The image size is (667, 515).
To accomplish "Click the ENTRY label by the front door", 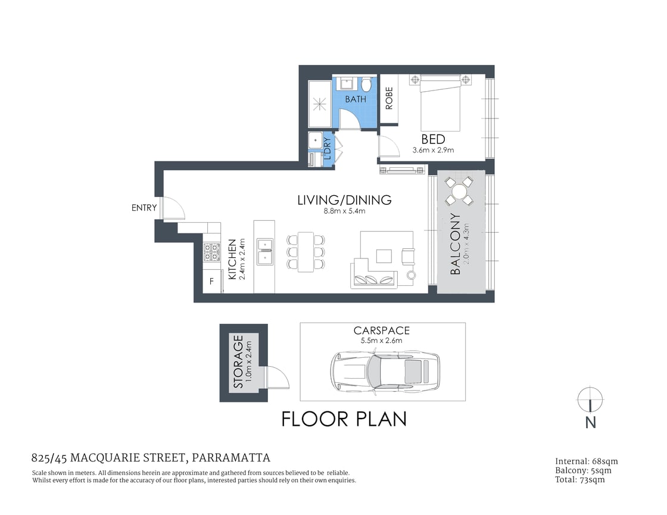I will click(144, 208).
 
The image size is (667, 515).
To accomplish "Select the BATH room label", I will click(356, 99).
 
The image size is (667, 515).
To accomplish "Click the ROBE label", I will click(389, 99).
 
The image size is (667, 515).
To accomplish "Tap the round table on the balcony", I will click(460, 192).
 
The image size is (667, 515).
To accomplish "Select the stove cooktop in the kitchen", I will click(211, 253).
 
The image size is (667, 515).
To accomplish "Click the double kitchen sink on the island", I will click(264, 251).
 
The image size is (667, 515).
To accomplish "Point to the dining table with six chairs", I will click(306, 252).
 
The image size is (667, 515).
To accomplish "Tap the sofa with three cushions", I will click(374, 279).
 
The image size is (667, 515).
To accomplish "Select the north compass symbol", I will click(590, 400).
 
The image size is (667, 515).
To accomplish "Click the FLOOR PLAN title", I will click(344, 419).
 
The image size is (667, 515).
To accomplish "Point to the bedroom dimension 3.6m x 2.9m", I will click(434, 150).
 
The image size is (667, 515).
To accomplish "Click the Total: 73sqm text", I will click(579, 479).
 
